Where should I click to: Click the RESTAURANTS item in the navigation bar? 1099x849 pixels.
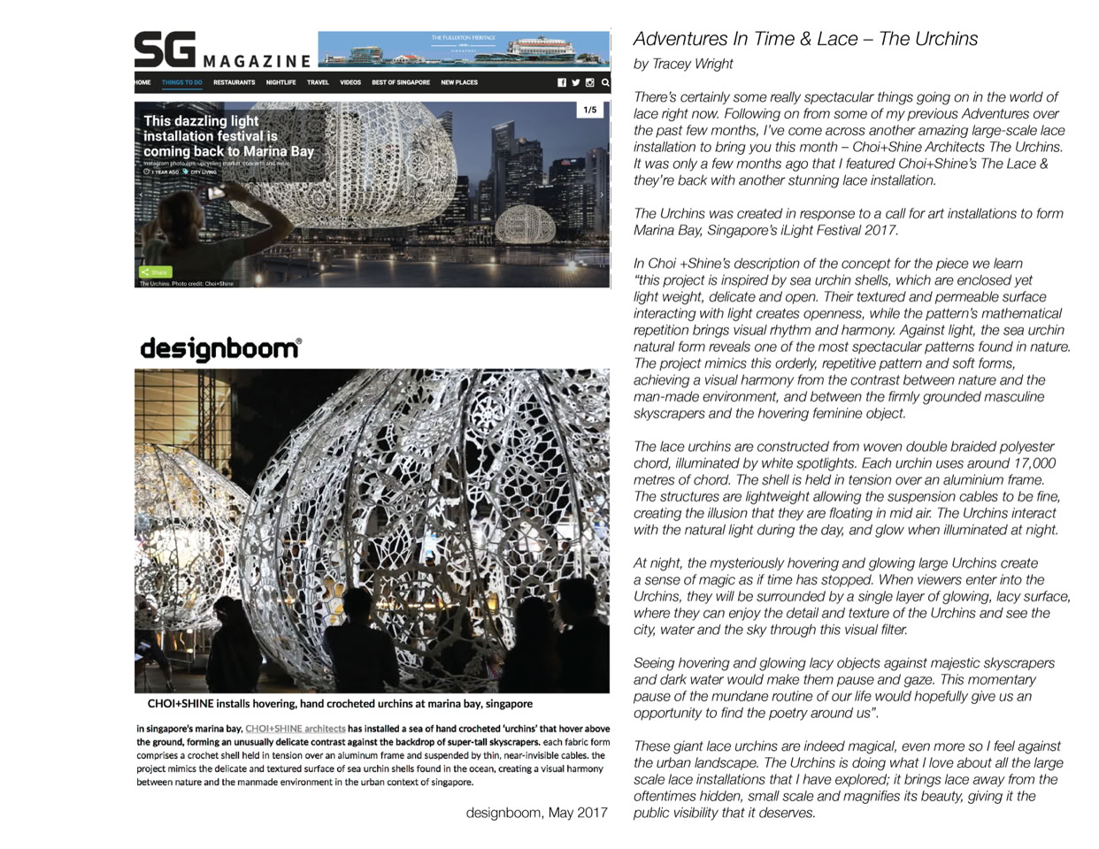click(234, 82)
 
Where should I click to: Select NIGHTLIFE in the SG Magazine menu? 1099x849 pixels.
click(281, 82)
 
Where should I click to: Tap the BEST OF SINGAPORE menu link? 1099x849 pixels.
click(400, 82)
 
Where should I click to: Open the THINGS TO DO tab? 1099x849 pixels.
click(181, 82)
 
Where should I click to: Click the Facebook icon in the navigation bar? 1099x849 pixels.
click(561, 82)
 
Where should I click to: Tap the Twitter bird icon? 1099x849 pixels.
click(575, 82)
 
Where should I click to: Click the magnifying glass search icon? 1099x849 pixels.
click(605, 82)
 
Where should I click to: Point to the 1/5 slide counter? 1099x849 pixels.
click(590, 111)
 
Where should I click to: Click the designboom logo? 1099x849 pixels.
click(220, 348)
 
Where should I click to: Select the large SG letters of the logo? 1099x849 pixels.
click(165, 50)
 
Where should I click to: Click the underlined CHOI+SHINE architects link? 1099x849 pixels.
click(295, 729)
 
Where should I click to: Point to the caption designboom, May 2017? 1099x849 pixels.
click(536, 813)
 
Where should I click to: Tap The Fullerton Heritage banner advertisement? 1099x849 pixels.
click(464, 50)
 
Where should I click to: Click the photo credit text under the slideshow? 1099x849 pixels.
click(187, 284)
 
